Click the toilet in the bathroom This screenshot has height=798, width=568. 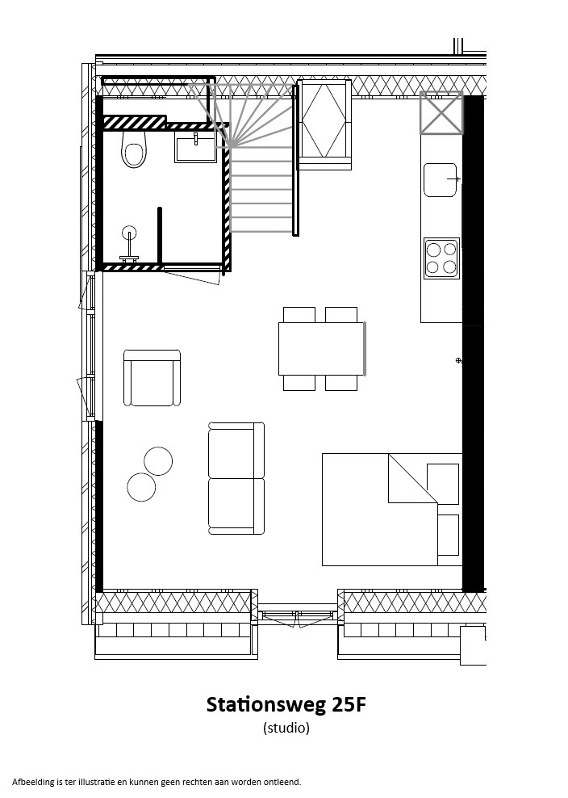pos(134,149)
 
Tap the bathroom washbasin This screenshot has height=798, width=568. pos(195,148)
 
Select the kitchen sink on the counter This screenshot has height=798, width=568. pos(441,179)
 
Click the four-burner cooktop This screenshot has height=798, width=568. pos(441,258)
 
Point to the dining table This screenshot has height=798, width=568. pos(322,349)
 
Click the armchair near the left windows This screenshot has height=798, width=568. pos(152,378)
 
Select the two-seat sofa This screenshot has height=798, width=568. pos(236,478)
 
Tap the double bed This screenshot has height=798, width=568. pos(392,510)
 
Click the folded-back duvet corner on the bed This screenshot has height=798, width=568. pos(413,478)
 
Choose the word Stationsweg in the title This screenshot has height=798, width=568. pos(266,705)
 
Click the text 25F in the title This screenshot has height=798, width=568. pos(349,704)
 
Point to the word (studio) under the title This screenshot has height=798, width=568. pos(286,728)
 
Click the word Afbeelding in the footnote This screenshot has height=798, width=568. pos(32,782)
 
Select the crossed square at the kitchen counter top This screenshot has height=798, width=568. pos(441,113)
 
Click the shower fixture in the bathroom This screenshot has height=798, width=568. pos(129,244)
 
